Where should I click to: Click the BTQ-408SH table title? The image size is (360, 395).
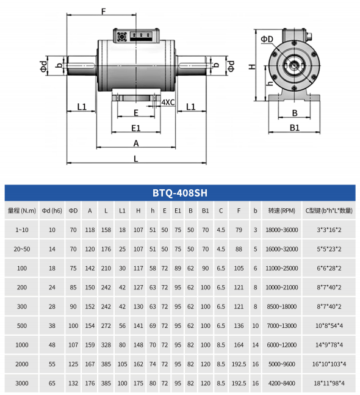coord(180,193)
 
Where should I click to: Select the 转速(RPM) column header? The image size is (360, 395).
coord(281,211)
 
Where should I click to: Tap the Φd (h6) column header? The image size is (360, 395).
coord(52,211)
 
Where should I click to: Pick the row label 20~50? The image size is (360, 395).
coord(22,249)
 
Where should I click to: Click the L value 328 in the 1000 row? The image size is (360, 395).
coord(106,345)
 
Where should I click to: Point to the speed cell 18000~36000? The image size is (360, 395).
coord(282,230)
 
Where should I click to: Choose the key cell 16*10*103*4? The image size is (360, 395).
coord(329,364)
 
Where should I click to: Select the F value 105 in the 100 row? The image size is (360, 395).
coord(239,268)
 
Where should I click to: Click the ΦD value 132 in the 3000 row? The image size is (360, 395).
coord(73,383)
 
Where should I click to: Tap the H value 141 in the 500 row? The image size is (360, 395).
coord(139,326)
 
